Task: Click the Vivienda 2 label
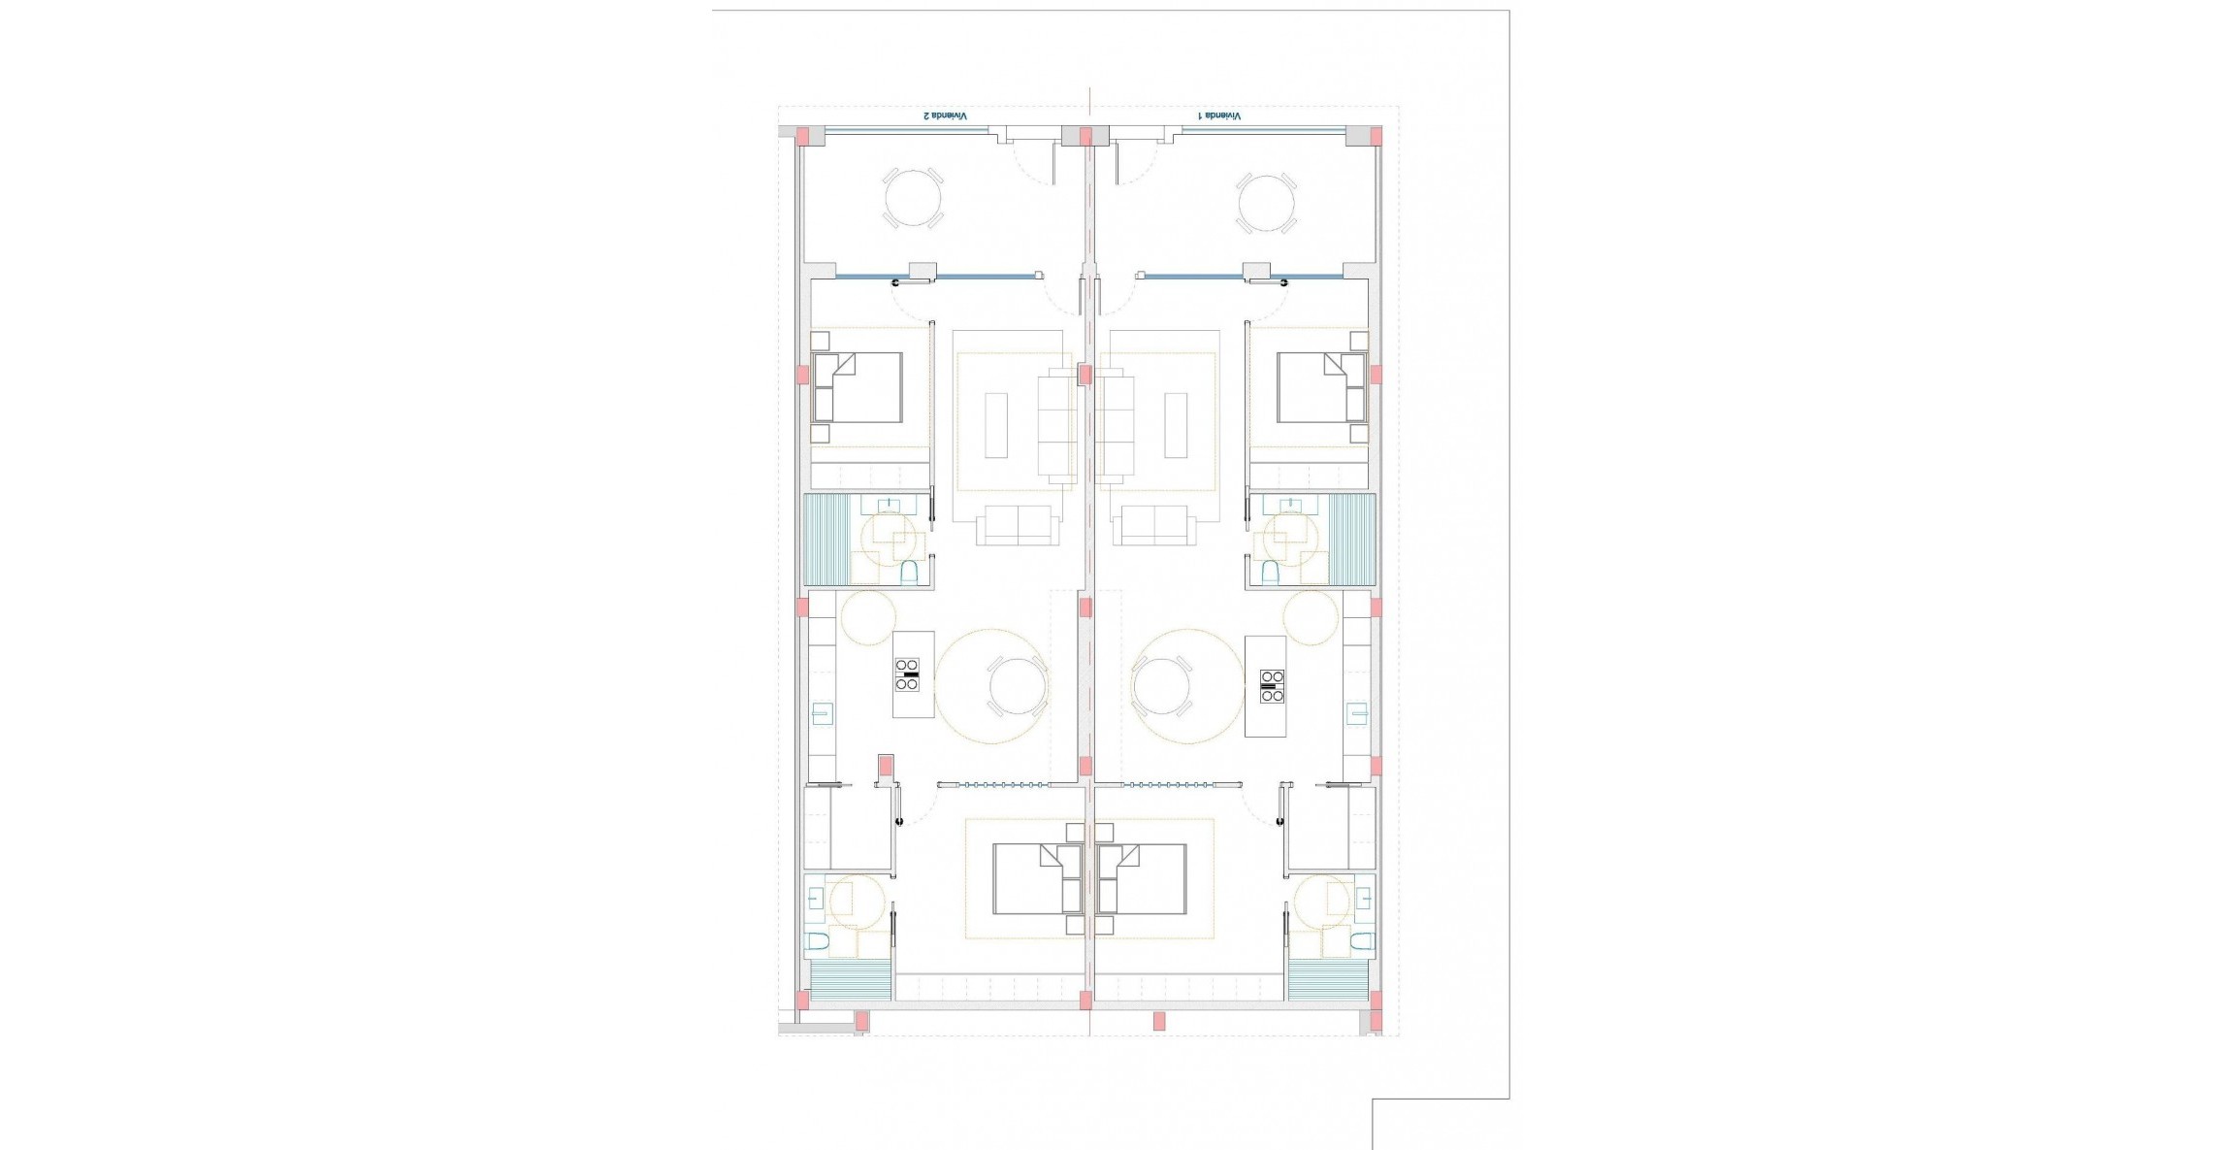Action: [x=945, y=115]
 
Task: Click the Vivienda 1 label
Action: [x=1219, y=115]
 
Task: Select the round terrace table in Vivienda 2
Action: [x=913, y=198]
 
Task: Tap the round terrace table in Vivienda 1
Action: [x=1266, y=203]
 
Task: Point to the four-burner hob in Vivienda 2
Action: [x=907, y=674]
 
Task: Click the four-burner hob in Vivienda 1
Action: [x=1272, y=685]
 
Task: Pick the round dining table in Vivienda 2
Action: [x=1017, y=686]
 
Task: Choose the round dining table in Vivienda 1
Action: [x=1161, y=686]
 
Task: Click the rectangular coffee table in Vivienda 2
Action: [x=996, y=424]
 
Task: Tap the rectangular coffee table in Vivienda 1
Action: [x=1176, y=424]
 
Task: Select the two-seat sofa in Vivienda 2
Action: [x=1017, y=525]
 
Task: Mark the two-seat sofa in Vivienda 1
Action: [x=1154, y=525]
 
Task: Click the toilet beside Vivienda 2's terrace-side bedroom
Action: [x=910, y=573]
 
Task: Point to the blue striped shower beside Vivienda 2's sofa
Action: [x=826, y=540]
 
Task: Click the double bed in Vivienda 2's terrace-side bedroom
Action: [x=858, y=387]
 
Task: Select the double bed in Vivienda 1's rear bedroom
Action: [x=1143, y=878]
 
